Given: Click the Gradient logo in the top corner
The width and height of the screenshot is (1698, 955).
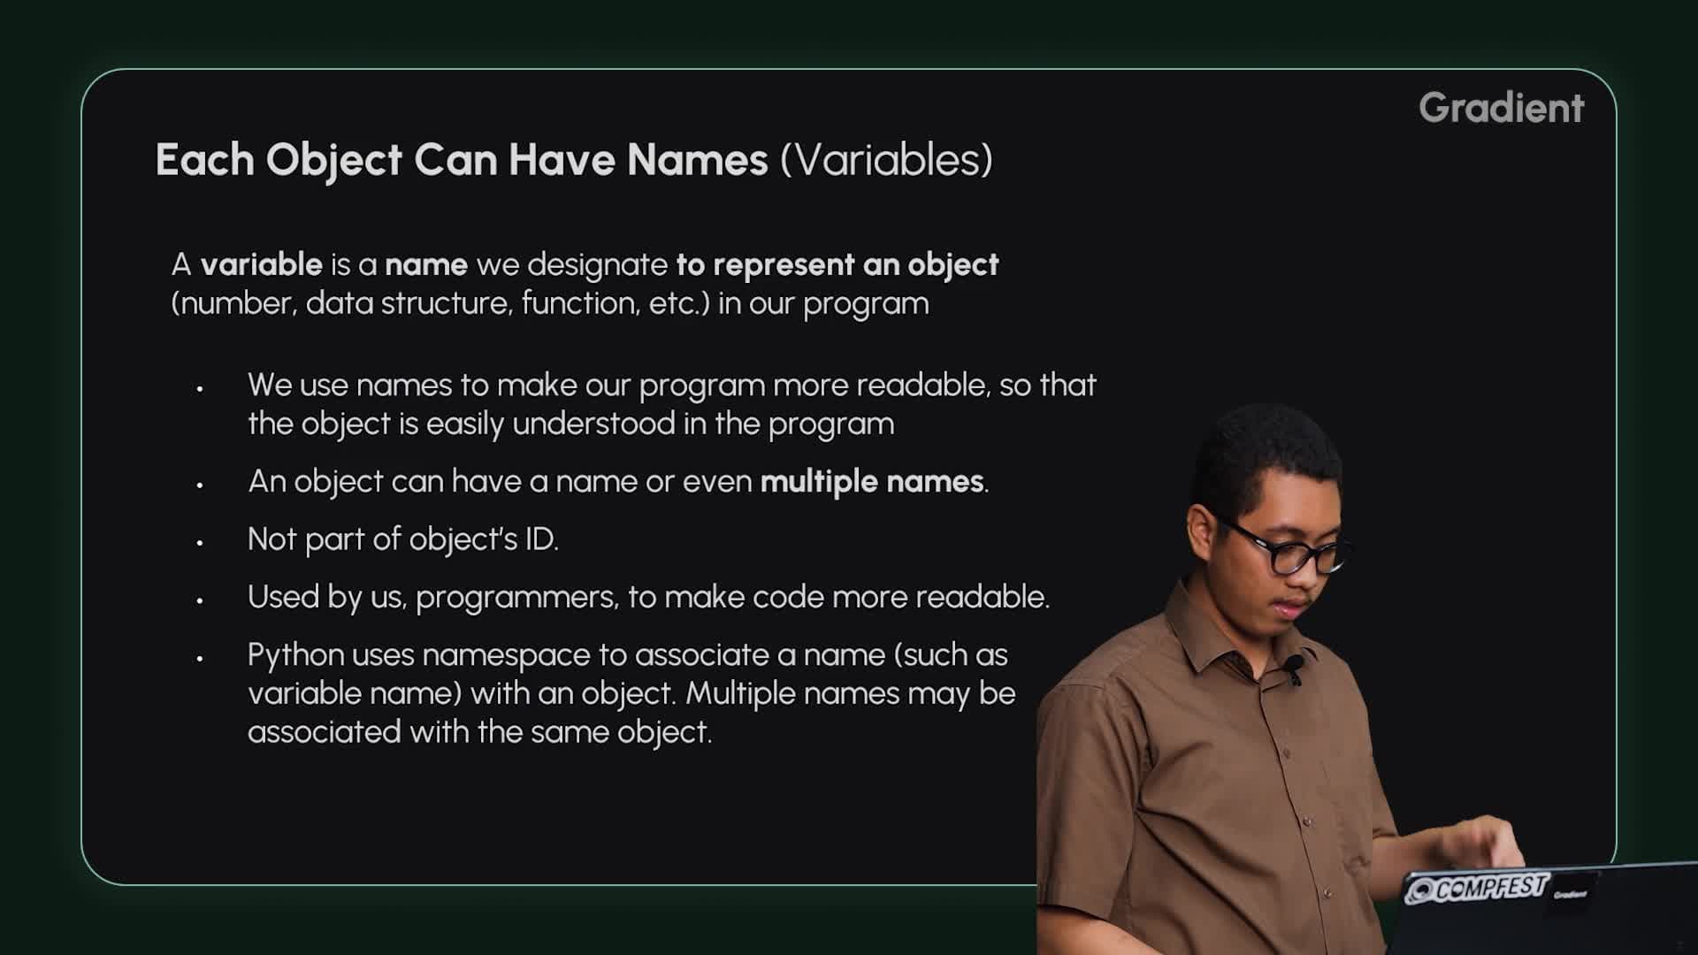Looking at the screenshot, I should click(1501, 108).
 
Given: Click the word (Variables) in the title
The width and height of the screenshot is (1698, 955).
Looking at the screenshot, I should click(886, 160).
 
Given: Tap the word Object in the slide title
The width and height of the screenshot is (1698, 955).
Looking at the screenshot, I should click(334, 160).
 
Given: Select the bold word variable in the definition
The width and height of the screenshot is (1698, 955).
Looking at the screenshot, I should click(261, 264).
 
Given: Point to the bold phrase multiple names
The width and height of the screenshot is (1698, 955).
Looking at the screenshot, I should click(872, 481).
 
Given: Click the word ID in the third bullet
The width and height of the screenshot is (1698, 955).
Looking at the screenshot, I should click(540, 539).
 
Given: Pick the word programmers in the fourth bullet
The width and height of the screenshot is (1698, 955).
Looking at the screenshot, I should click(516, 598).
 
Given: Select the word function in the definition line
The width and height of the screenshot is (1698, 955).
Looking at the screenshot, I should click(579, 303).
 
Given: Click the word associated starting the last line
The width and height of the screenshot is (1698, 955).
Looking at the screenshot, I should click(324, 732).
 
